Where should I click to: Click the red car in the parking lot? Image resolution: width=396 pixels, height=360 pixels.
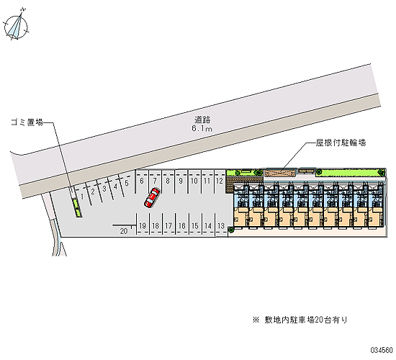(x=152, y=198)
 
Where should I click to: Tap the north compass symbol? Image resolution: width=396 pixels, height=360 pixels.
(x=16, y=25)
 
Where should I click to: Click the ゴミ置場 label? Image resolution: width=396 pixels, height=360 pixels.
(x=27, y=122)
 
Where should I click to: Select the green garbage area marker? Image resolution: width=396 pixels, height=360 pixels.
(x=77, y=208)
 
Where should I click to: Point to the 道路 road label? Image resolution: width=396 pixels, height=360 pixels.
(x=202, y=120)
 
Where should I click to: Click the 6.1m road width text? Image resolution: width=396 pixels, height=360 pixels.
(x=202, y=128)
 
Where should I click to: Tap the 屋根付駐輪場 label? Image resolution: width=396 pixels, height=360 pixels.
(x=341, y=143)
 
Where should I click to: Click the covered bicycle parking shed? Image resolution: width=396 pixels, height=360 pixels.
(x=280, y=174)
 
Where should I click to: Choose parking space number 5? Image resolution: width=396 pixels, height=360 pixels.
(x=127, y=183)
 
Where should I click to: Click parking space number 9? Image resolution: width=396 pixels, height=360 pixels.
(x=181, y=181)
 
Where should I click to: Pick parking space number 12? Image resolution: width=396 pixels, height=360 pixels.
(x=220, y=181)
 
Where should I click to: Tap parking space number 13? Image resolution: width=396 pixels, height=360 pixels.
(x=221, y=225)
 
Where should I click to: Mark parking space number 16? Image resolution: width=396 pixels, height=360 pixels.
(x=182, y=225)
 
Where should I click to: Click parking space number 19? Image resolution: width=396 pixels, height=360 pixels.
(x=143, y=225)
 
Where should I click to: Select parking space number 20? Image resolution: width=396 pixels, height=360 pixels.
(x=124, y=231)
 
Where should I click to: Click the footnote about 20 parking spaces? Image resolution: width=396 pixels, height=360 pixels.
(x=300, y=320)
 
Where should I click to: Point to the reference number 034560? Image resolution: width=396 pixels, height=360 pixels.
(x=382, y=350)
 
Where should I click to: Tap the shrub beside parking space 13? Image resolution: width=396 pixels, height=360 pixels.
(x=230, y=230)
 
